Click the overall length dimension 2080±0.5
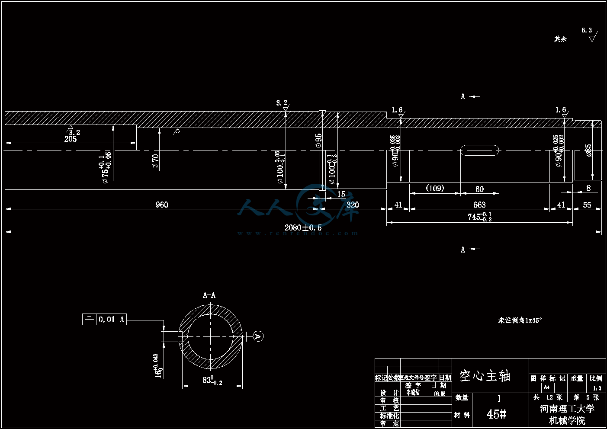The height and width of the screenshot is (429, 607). coord(303,227)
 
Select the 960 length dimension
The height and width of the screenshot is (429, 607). coord(162,205)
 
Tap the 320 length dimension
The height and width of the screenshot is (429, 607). coord(353,205)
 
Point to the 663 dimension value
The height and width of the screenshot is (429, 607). coord(479,205)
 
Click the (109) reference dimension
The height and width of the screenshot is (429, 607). coord(435,188)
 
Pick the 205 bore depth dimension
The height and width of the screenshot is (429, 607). coord(71,139)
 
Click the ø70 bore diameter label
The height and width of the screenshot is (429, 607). coord(156,161)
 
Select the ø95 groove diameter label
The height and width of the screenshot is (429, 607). coord(319,141)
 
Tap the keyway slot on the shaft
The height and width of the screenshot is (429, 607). coord(479,150)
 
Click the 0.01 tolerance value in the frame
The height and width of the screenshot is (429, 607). coord(107,320)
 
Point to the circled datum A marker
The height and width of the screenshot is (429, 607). coord(258,336)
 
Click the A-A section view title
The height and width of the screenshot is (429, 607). coord(209,295)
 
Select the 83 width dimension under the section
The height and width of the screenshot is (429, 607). coord(212,381)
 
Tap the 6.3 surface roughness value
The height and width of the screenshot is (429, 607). coord(587,30)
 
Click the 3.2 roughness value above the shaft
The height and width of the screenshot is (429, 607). coord(282,103)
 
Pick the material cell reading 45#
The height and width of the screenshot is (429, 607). coord(496,414)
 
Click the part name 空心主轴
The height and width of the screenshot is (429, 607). coord(485,376)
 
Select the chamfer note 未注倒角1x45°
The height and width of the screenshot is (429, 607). coord(520,320)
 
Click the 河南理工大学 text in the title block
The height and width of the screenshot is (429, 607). coord(567,409)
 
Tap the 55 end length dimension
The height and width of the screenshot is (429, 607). coord(587,205)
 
